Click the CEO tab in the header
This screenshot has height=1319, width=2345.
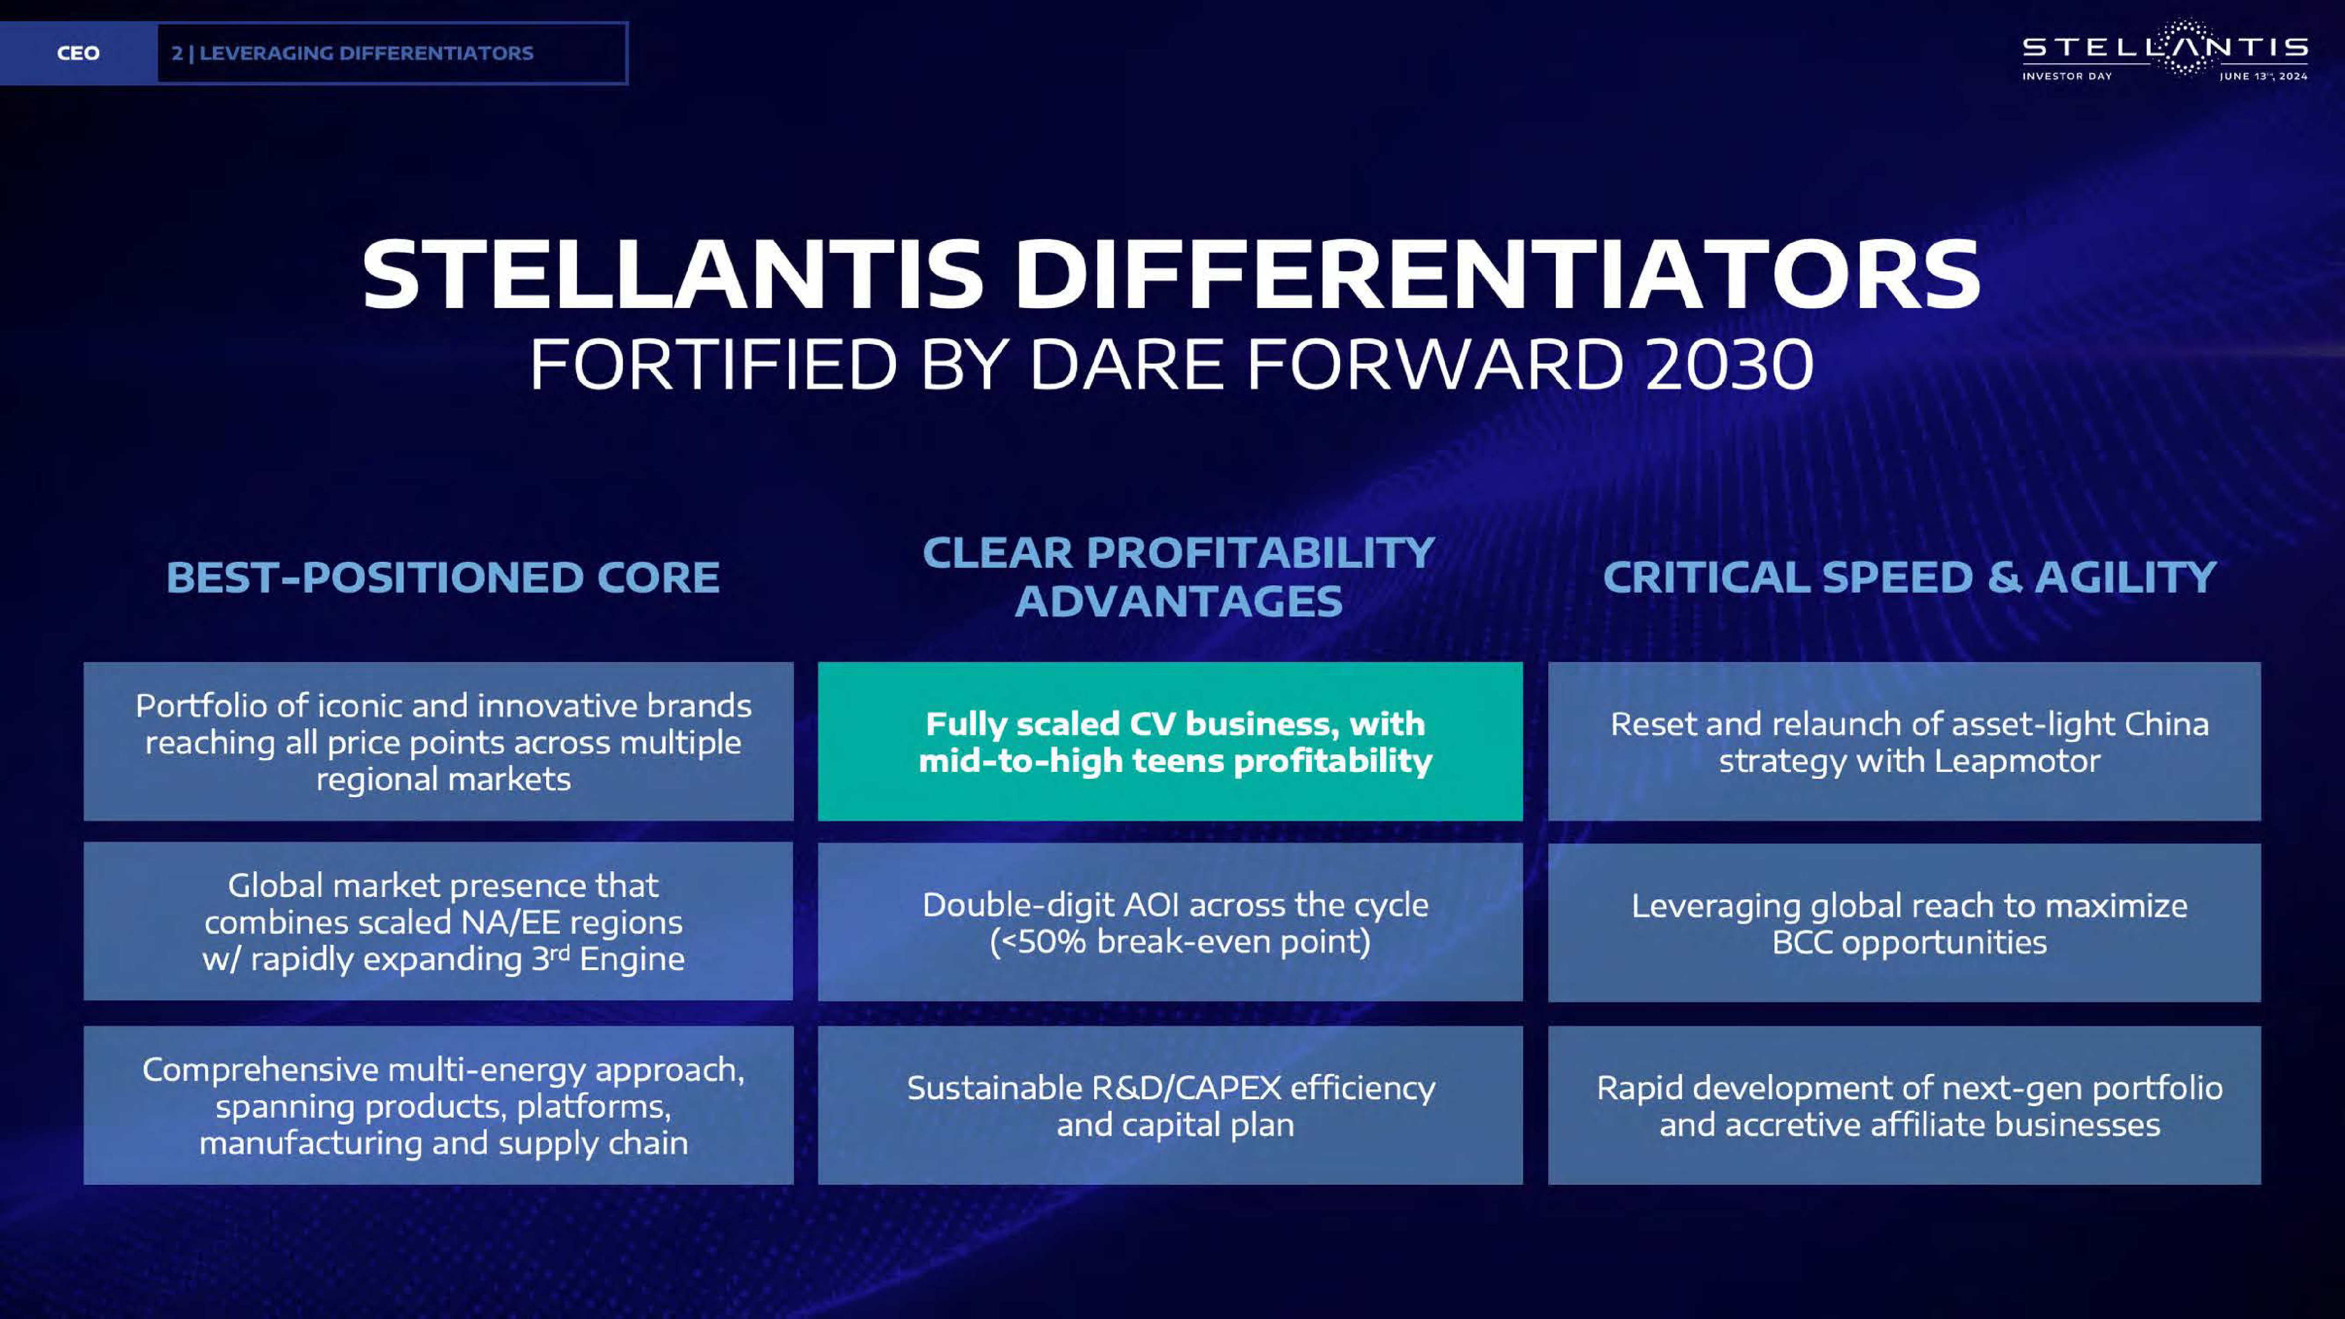point(78,53)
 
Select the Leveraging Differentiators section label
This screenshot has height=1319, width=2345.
point(352,53)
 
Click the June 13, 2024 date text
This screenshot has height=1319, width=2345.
point(2263,77)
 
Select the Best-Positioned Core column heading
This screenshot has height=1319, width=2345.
point(442,577)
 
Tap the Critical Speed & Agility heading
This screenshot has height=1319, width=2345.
point(1909,577)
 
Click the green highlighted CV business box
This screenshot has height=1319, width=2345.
point(1170,741)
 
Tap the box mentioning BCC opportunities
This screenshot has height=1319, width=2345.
point(1905,922)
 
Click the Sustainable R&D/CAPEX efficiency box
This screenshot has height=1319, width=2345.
point(1170,1105)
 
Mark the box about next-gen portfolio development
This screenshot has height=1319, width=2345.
point(1905,1105)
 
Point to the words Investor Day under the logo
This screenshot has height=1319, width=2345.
point(2067,77)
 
